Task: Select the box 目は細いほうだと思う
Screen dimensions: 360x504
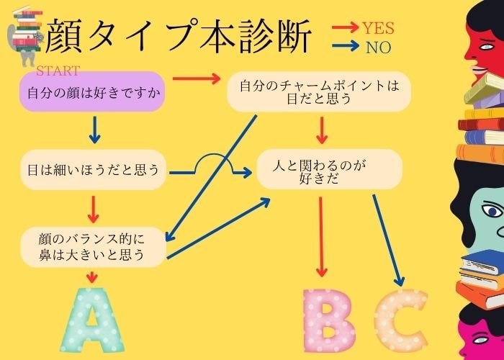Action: (x=93, y=170)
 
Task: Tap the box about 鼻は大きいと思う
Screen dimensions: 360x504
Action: (x=93, y=246)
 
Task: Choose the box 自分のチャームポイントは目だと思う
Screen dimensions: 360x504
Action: (x=319, y=92)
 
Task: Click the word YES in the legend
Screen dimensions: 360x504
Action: (x=378, y=28)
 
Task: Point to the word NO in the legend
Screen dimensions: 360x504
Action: (x=378, y=48)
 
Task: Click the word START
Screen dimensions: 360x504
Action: (x=58, y=71)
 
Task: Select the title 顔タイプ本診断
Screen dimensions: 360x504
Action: (x=179, y=36)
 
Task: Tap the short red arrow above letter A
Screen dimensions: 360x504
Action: (x=91, y=276)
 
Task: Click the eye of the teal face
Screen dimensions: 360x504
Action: (x=492, y=210)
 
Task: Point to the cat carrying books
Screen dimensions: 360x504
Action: (x=26, y=36)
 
